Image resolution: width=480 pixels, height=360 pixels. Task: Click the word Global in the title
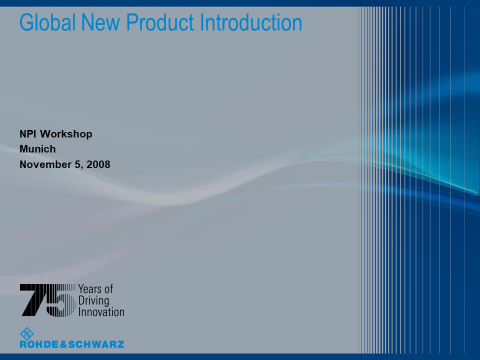(x=47, y=22)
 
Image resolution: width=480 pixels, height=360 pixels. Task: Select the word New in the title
(x=100, y=22)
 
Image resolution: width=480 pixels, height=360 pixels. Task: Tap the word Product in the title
(x=160, y=22)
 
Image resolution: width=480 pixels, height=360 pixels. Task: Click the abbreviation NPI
(x=28, y=134)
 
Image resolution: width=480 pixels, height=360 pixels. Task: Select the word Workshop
(x=66, y=134)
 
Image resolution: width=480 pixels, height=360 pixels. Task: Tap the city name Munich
(x=37, y=149)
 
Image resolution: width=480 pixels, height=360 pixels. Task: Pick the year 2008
(x=98, y=164)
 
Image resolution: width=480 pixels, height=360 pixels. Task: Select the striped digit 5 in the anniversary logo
(x=61, y=300)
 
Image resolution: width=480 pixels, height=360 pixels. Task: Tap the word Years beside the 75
(x=89, y=288)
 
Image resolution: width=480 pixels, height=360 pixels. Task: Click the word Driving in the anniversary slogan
(x=93, y=301)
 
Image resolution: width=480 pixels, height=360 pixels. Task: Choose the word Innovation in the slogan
(x=101, y=312)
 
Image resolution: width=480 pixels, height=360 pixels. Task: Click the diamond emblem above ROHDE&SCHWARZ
(x=26, y=333)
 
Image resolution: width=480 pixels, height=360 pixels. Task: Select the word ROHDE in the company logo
(x=39, y=344)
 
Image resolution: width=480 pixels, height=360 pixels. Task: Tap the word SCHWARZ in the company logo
(x=96, y=344)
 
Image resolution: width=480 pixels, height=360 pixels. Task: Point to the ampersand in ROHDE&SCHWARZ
(x=63, y=344)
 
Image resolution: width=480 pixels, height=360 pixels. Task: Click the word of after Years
(x=108, y=288)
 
